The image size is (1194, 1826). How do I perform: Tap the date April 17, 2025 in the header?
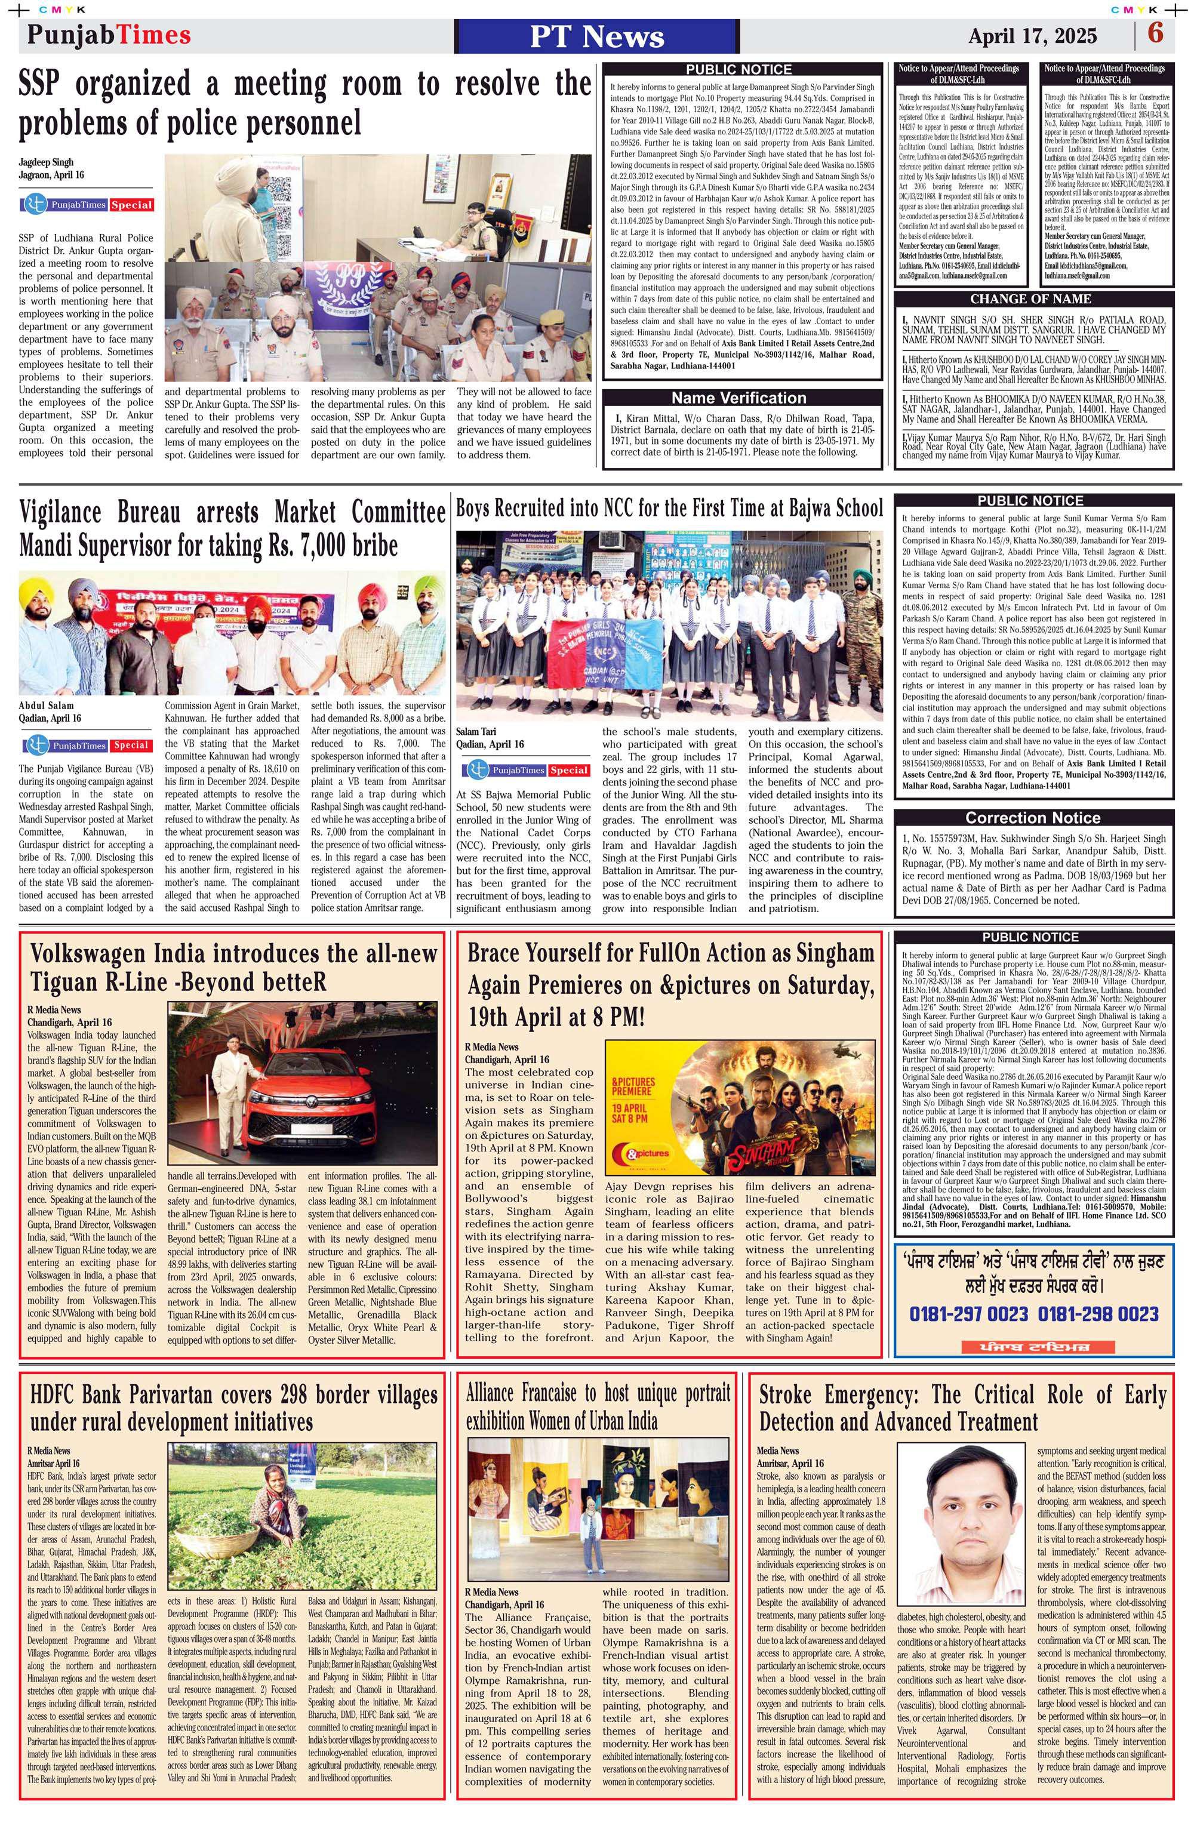tap(1032, 36)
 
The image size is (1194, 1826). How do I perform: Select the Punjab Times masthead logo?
tap(109, 35)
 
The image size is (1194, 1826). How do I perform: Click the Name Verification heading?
tap(738, 398)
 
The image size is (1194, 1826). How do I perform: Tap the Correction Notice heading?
tap(1032, 818)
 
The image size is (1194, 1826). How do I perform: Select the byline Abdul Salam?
tap(46, 704)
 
